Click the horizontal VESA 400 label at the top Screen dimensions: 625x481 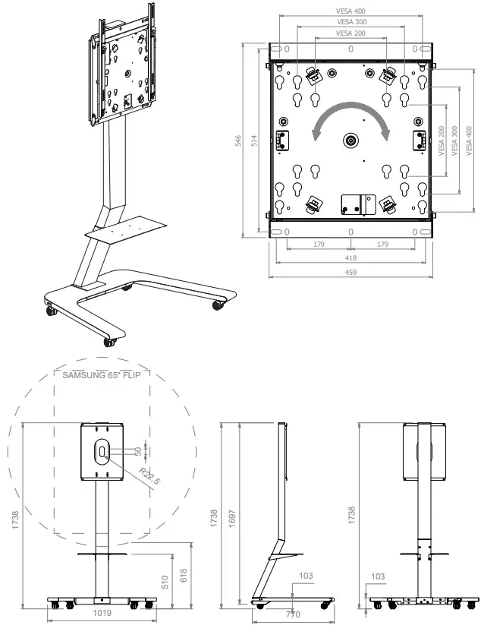pos(351,11)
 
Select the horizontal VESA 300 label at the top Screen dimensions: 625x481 pos(351,22)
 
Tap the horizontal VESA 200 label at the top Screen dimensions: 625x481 pos(351,33)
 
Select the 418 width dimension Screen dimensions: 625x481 pos(351,258)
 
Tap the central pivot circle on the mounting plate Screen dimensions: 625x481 pos(351,140)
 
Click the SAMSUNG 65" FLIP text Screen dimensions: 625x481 pos(102,374)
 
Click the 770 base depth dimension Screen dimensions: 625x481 pos(293,613)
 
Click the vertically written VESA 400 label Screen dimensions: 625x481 pos(468,140)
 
